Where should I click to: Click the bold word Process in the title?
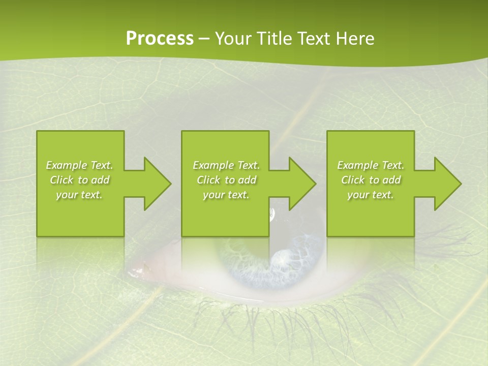(160, 39)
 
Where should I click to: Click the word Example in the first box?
(67, 165)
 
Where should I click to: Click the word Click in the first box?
(62, 180)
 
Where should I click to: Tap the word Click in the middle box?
(208, 180)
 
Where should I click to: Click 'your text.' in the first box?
(80, 195)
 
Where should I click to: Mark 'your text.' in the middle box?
(226, 195)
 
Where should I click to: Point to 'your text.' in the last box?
(371, 195)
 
